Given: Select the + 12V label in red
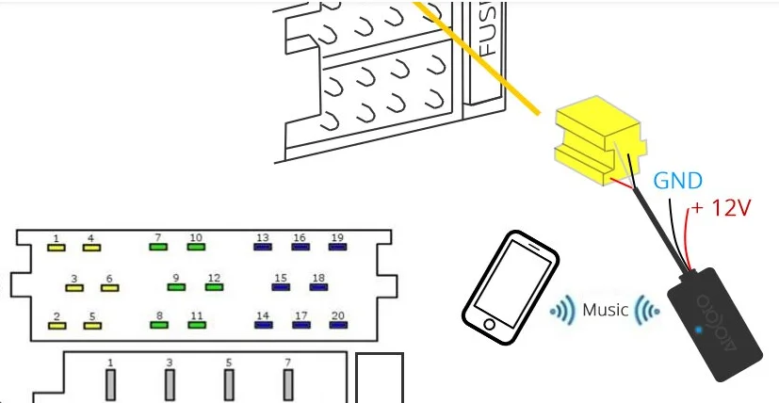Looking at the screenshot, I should pyautogui.click(x=722, y=207).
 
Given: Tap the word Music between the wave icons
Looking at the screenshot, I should pyautogui.click(x=605, y=309).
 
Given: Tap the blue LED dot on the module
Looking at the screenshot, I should pyautogui.click(x=697, y=330).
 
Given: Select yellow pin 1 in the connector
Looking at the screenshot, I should pyautogui.click(x=57, y=248).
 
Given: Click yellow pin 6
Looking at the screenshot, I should pyautogui.click(x=109, y=287).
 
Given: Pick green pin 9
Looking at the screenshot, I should pyautogui.click(x=175, y=287).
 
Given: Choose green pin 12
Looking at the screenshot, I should pyautogui.click(x=214, y=287).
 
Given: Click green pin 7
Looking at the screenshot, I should pyautogui.click(x=158, y=248).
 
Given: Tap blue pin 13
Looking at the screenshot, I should pyautogui.click(x=263, y=248).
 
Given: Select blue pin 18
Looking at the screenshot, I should pyautogui.click(x=318, y=287).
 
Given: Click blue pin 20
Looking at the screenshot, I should pyautogui.click(x=337, y=325).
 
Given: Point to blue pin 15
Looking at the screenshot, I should pyautogui.click(x=280, y=287).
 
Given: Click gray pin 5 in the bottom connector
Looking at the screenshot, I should pyautogui.click(x=229, y=385).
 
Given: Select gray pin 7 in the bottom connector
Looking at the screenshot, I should pyautogui.click(x=288, y=385).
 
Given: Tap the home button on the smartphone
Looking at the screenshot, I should pyautogui.click(x=488, y=325).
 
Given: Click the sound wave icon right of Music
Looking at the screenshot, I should pyautogui.click(x=646, y=309).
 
